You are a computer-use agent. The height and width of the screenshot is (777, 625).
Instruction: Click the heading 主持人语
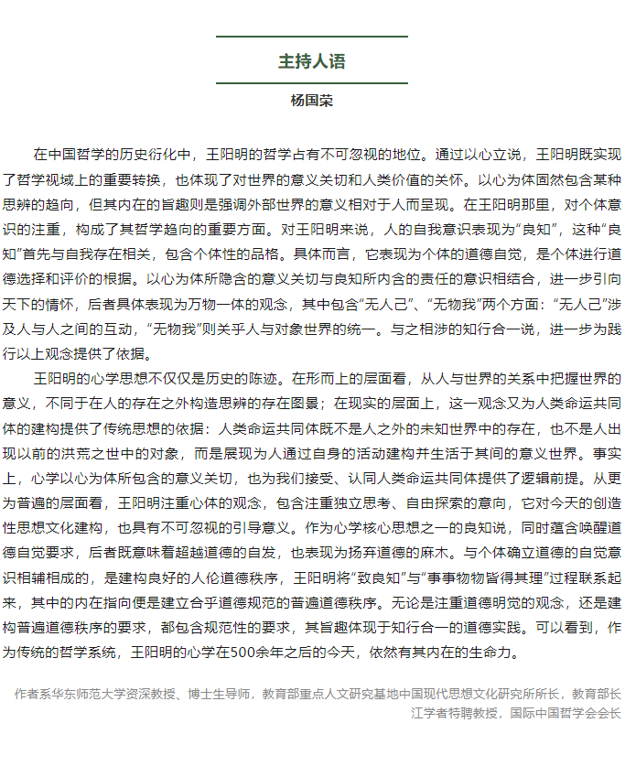click(x=312, y=61)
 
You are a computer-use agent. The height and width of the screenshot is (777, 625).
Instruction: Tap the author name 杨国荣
click(x=312, y=101)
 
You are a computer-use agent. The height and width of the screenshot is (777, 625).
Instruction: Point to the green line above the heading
click(x=312, y=37)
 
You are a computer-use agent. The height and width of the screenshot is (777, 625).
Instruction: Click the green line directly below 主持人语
click(x=312, y=83)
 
